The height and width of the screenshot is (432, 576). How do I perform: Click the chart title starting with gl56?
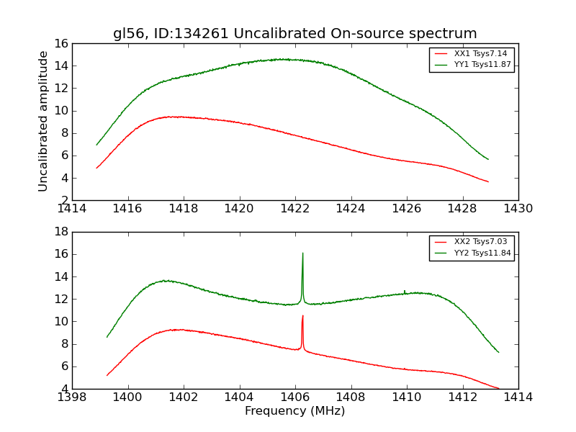pos(294,34)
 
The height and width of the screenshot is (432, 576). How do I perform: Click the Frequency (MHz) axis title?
pos(294,411)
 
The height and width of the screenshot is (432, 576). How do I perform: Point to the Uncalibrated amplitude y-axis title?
pos(44,121)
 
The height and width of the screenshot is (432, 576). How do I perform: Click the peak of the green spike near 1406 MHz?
pos(302,253)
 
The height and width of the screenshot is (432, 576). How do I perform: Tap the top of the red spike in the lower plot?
pos(302,315)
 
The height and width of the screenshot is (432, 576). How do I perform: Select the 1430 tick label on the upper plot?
pos(518,209)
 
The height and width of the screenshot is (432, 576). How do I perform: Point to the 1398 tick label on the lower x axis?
pos(72,397)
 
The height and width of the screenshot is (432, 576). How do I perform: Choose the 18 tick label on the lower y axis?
pos(60,232)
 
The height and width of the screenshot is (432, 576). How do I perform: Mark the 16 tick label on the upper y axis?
pos(60,44)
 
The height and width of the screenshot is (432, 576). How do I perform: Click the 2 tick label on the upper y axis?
pos(63,200)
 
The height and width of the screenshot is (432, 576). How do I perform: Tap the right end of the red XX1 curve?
pos(488,181)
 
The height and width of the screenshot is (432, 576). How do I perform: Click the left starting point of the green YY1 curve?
pos(96,145)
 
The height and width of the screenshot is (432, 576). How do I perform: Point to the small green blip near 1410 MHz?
pos(405,291)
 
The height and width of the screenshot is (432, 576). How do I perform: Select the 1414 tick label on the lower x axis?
pos(518,397)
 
